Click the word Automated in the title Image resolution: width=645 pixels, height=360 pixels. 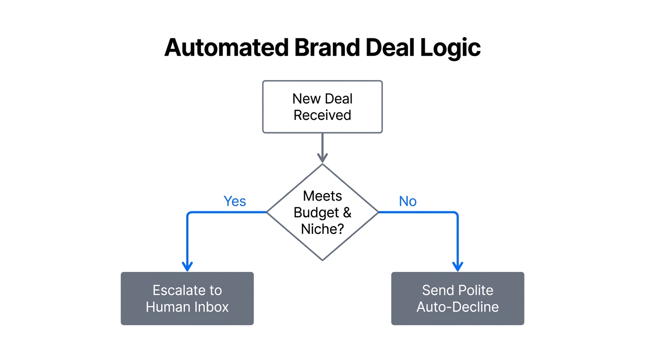point(225,48)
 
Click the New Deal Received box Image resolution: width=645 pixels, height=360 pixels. point(322,107)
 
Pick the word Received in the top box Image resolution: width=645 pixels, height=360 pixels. point(322,115)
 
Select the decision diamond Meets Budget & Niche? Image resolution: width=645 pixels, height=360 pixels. point(322,212)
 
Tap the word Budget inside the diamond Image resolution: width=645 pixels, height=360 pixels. point(316,212)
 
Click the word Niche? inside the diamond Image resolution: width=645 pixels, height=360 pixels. point(322,229)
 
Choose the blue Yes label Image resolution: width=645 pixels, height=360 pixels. point(235,201)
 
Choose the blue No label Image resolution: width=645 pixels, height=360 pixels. point(407,201)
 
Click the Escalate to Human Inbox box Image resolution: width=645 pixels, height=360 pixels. point(187,299)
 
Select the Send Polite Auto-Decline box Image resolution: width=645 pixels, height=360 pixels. point(457,299)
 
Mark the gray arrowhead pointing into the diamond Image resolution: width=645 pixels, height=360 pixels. point(322,157)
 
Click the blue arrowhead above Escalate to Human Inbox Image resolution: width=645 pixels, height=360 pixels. point(187,266)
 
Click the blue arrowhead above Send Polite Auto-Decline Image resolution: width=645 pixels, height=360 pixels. point(457,266)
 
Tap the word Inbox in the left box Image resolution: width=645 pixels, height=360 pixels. point(210,307)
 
